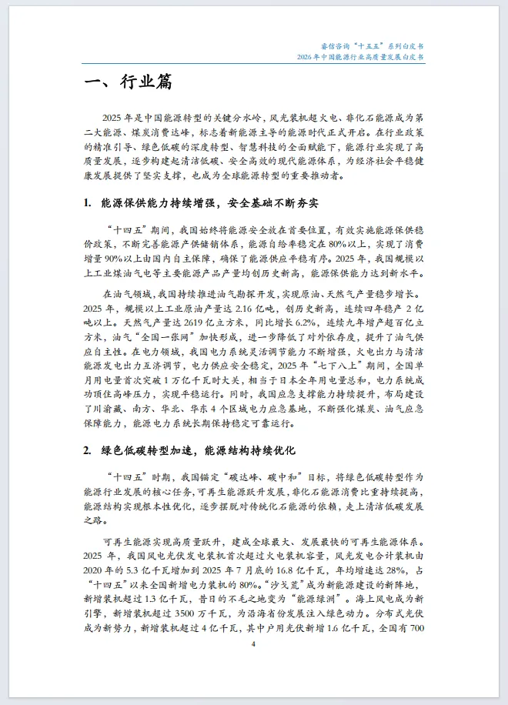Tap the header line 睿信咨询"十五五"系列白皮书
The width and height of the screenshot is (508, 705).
(x=371, y=47)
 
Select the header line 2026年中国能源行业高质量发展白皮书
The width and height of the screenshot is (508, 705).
(x=360, y=58)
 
